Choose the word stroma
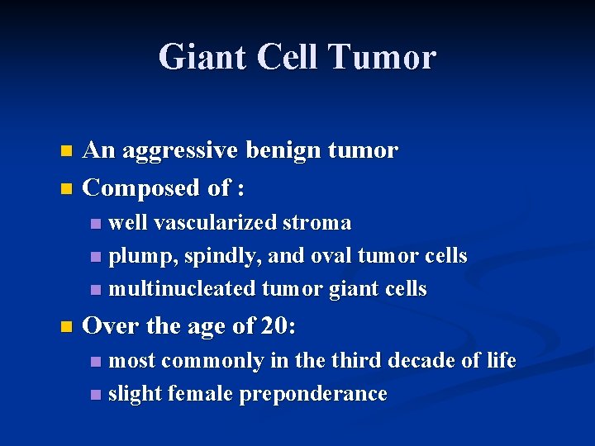point(317,224)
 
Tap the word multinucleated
point(183,289)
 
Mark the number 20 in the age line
point(274,326)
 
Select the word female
point(201,394)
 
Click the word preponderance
point(313,395)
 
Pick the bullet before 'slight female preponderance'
point(95,395)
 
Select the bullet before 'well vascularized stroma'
point(95,224)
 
